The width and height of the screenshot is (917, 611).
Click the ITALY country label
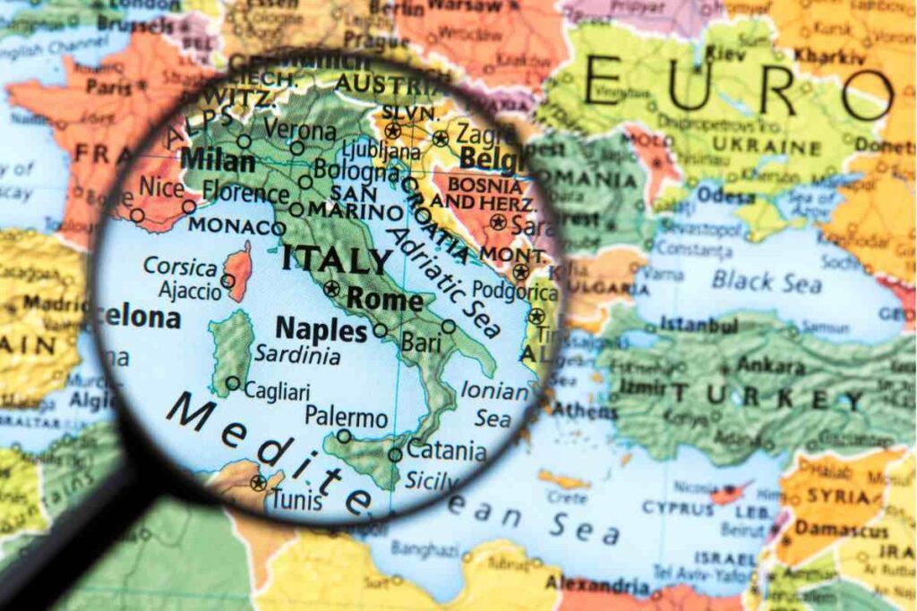(337, 261)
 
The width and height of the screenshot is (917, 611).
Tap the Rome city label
(385, 299)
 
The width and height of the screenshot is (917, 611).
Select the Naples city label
(321, 331)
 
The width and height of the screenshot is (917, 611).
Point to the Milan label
(218, 162)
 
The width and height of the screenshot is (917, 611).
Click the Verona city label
(300, 132)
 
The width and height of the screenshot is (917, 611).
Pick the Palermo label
(346, 417)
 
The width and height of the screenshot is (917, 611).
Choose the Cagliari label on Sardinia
(277, 392)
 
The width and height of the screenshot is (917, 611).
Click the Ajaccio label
(189, 291)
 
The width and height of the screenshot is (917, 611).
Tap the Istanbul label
(698, 324)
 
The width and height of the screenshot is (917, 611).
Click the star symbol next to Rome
(332, 288)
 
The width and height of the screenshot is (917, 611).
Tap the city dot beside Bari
(449, 327)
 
